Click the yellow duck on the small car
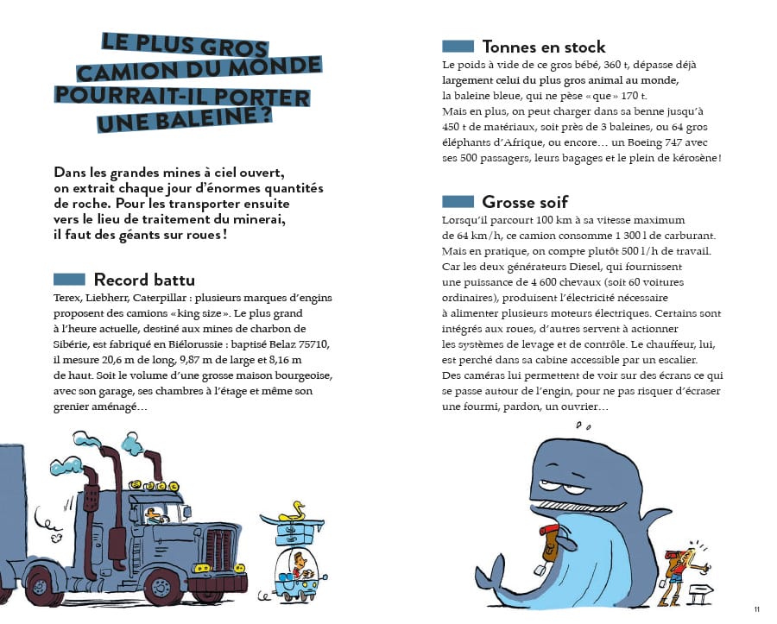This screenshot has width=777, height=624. point(299,509)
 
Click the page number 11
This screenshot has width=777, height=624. point(756,610)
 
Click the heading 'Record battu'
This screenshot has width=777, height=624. point(144,280)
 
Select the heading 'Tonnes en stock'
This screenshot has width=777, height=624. point(544,47)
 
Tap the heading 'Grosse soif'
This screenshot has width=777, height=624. point(525,202)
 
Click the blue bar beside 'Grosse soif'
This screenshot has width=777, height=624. point(458,202)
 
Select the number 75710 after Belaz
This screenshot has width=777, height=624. point(310,344)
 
